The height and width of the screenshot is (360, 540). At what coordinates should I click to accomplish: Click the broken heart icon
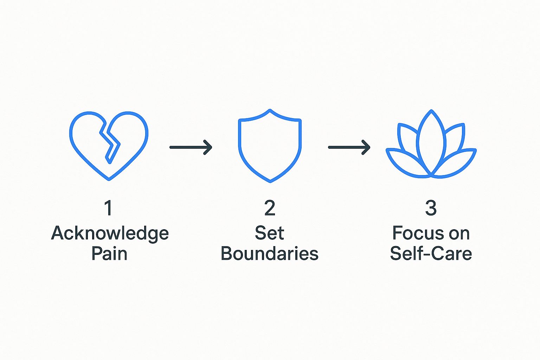(x=109, y=145)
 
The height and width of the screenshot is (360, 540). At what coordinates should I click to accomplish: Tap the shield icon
(x=270, y=146)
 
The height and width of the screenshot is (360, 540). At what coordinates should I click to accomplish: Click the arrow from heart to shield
(x=191, y=147)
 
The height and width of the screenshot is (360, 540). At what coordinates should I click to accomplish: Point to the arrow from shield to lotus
(x=349, y=147)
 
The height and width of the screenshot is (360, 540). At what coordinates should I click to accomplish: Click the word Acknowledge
(x=110, y=233)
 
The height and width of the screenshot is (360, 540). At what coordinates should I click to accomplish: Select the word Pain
(x=109, y=253)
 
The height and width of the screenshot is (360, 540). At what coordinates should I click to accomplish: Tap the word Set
(x=269, y=233)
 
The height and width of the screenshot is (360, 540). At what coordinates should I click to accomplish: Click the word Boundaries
(x=269, y=253)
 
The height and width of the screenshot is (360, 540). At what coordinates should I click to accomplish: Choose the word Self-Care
(x=431, y=253)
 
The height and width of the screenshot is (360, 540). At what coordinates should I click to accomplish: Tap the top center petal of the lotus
(x=431, y=141)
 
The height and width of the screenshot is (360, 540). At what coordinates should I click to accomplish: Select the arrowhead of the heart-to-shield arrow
(x=208, y=147)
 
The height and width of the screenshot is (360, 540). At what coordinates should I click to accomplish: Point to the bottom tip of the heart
(x=109, y=179)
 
